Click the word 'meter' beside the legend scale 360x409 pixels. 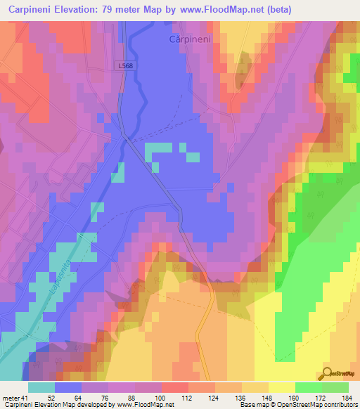point(11,397)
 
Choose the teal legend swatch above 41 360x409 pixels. point(41,387)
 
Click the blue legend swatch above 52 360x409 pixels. point(68,387)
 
